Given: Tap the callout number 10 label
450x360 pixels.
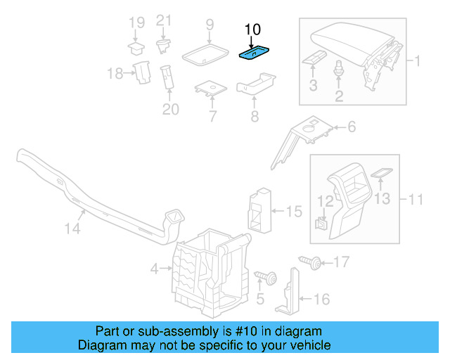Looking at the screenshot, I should click(x=252, y=30).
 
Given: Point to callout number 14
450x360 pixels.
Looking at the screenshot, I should click(x=72, y=229).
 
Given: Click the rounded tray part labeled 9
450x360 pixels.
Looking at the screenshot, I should click(x=205, y=53).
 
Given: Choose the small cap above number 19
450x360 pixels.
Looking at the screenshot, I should click(x=135, y=48).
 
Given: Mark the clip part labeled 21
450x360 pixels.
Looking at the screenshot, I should click(x=164, y=46).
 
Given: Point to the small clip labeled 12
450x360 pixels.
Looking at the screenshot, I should click(x=320, y=224).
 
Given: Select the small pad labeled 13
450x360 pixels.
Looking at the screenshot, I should click(x=380, y=173).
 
